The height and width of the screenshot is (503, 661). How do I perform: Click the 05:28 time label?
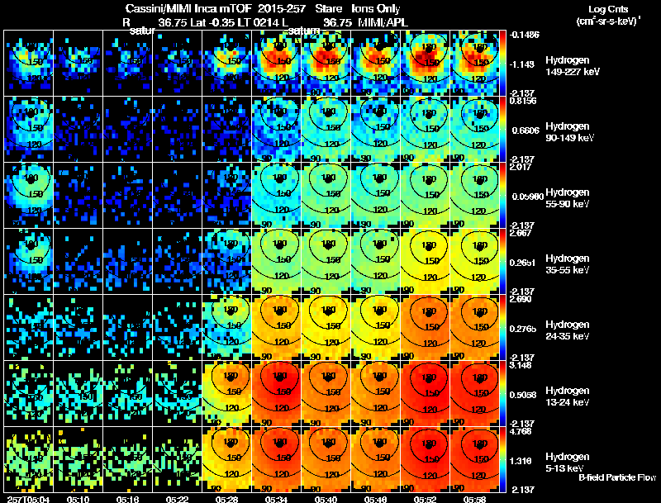tap(227, 499)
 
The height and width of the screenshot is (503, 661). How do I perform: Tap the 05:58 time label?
tap(475, 499)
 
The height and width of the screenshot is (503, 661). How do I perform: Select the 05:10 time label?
tap(78, 499)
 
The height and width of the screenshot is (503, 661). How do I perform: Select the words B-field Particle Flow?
tap(617, 477)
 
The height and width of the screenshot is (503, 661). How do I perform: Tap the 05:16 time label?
tap(128, 499)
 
